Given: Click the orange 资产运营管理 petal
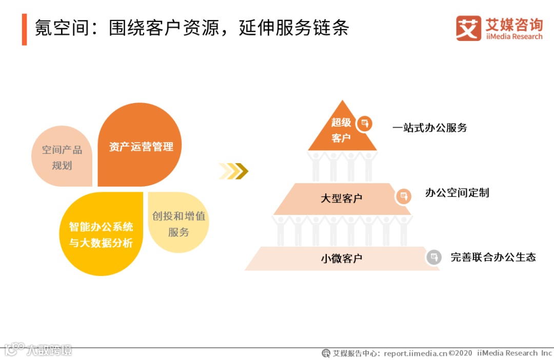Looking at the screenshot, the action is click(x=140, y=146).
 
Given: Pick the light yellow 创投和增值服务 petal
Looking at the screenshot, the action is click(x=178, y=223).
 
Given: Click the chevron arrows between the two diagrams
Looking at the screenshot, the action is click(x=233, y=171).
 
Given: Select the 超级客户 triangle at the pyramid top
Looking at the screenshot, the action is click(x=342, y=130).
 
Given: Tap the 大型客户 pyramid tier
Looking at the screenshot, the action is click(x=341, y=198).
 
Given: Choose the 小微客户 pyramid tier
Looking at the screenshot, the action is click(x=341, y=258).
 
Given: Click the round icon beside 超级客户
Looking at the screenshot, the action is click(x=365, y=123).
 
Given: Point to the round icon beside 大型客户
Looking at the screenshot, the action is click(x=404, y=196).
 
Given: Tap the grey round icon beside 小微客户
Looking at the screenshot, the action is click(x=433, y=257).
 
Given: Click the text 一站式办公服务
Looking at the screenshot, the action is click(x=430, y=128).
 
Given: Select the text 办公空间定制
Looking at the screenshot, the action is click(x=457, y=193).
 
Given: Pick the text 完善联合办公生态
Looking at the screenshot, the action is click(x=493, y=257).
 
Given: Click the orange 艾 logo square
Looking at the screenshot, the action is click(x=468, y=28).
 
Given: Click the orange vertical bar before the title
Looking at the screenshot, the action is click(x=24, y=29).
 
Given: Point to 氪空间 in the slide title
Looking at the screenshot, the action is click(x=53, y=28).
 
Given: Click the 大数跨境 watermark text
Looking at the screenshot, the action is click(x=50, y=351).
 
